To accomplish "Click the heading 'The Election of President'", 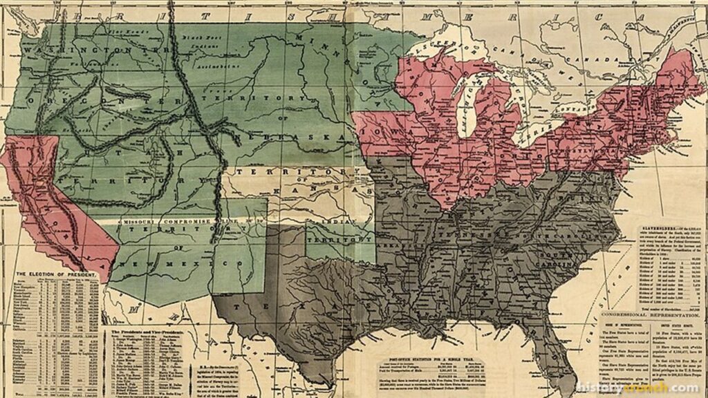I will [55, 274].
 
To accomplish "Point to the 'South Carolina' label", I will [581, 261].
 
